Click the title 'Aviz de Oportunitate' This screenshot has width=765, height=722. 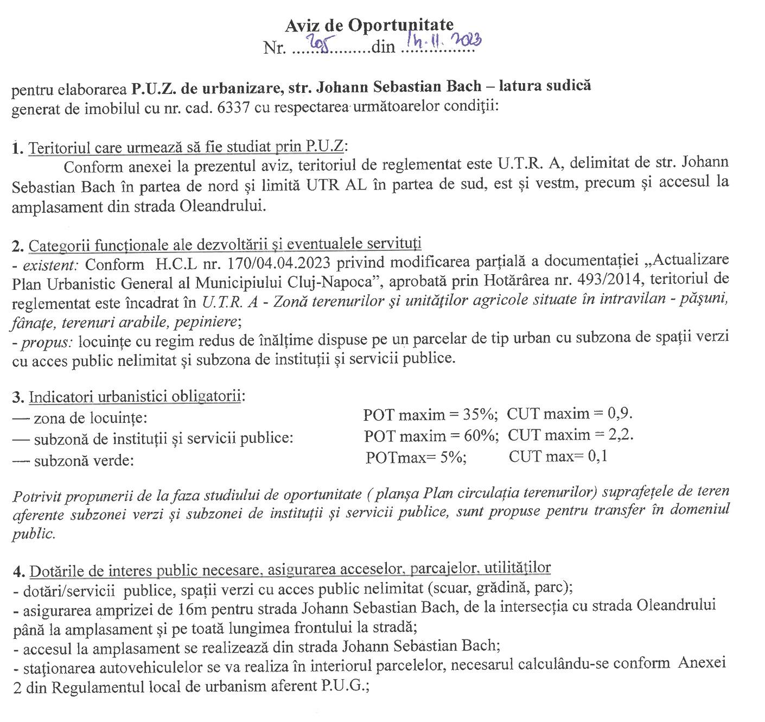pos(369,25)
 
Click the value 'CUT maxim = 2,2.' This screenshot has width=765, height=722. pos(571,435)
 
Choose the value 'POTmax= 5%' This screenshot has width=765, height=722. pos(416,457)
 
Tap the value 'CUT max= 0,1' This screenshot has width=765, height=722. pos(558,457)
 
